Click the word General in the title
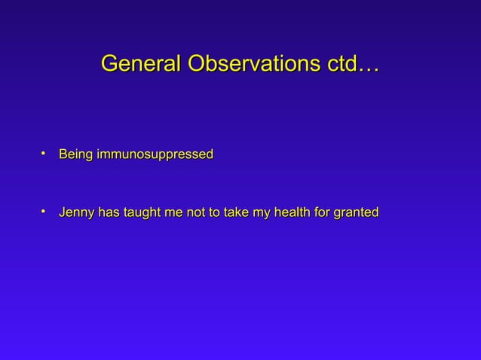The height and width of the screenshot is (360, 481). point(141,65)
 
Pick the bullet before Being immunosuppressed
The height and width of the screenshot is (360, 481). point(44,153)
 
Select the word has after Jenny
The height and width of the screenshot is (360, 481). point(109,213)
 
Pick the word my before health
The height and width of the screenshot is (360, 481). point(262,214)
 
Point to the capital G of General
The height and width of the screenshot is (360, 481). point(110,65)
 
